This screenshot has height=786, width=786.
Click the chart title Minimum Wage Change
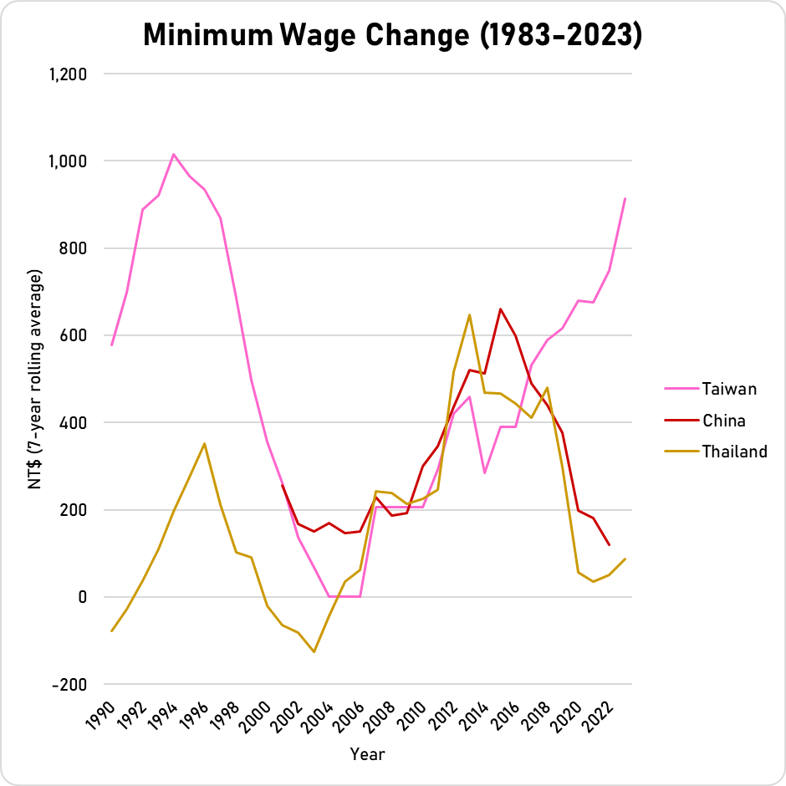click(392, 34)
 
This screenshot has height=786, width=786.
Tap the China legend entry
click(723, 421)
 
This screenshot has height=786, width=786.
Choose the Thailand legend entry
click(734, 452)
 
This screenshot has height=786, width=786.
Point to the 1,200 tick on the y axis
click(69, 74)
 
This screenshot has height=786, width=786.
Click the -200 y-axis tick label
click(69, 684)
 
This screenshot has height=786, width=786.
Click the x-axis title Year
click(368, 754)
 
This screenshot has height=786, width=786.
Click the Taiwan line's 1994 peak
click(173, 154)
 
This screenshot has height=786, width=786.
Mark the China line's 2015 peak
click(500, 309)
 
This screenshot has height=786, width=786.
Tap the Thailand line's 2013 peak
click(469, 314)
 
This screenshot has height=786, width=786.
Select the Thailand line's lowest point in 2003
click(314, 651)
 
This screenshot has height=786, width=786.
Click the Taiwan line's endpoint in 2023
click(625, 198)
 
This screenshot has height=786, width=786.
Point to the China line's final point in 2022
click(609, 544)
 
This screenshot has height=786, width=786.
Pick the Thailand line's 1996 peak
click(205, 443)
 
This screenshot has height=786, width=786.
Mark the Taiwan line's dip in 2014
click(484, 473)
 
